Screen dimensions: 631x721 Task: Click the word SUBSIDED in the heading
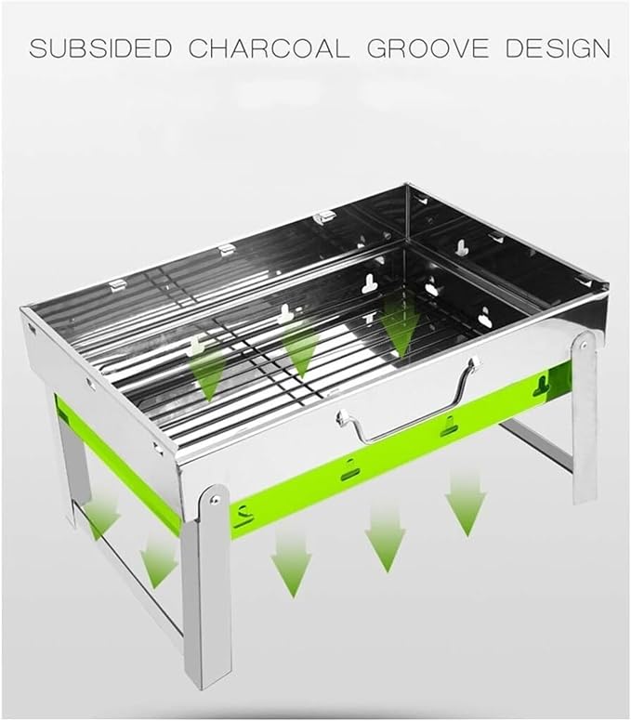coord(100,48)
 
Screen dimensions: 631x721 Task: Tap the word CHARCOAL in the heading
coord(269,48)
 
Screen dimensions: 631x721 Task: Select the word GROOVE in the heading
coord(427,48)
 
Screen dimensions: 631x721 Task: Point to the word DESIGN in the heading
coord(558,48)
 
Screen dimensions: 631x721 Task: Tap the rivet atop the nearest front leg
coord(214,499)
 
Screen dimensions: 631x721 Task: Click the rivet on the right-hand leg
coord(583,345)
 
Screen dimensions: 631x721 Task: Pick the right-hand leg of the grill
coord(585,416)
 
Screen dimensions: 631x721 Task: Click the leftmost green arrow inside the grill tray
coord(208,373)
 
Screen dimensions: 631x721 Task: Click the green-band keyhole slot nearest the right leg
coord(542,386)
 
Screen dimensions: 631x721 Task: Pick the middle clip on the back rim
coord(227,250)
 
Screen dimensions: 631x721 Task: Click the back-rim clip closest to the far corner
coord(324,216)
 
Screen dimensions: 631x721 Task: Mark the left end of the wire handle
coord(342,417)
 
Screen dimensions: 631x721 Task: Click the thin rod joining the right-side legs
coord(536,445)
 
